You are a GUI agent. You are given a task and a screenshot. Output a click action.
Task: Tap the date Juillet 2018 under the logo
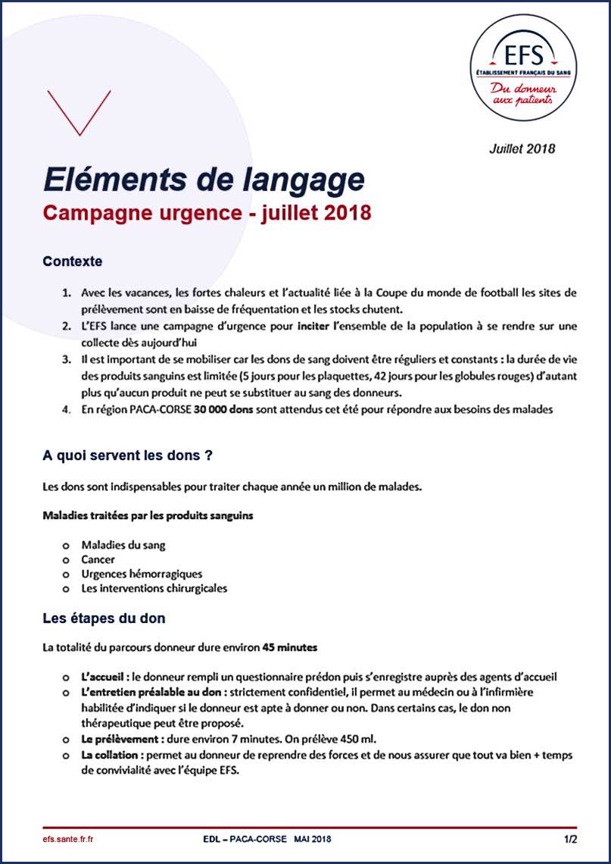pos(522,149)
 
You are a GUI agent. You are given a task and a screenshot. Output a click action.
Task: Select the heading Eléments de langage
pos(204,180)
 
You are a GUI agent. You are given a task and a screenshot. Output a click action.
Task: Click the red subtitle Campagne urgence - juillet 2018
pos(207,213)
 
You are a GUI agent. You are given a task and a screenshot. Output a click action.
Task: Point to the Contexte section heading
pos(72,261)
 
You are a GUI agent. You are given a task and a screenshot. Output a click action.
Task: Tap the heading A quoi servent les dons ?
pos(126,456)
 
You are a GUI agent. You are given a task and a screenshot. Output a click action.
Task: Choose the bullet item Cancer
pos(98,559)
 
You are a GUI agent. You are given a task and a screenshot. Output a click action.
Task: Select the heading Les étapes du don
pos(104,618)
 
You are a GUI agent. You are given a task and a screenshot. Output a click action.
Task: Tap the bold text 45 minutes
pos(289,648)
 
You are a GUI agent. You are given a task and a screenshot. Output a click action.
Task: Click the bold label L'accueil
pos(104,677)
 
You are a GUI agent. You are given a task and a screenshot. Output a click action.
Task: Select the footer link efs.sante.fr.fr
pos(68,839)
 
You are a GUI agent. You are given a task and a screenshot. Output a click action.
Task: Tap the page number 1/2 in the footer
pos(570,839)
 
